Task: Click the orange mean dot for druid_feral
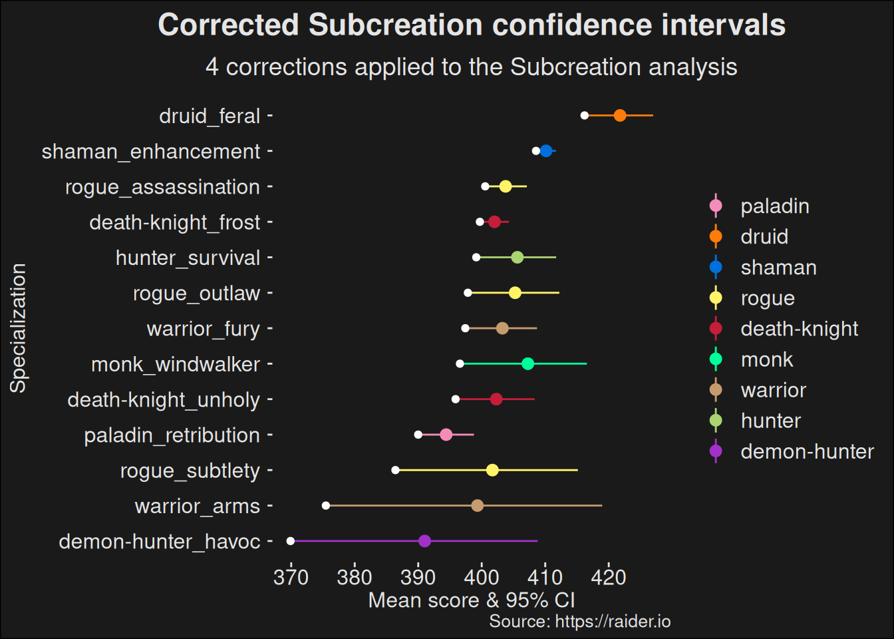(x=620, y=116)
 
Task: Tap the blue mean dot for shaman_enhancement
(x=546, y=151)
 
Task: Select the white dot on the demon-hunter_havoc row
(x=291, y=541)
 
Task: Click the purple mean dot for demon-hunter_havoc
(x=424, y=541)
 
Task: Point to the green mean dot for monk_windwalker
(x=527, y=364)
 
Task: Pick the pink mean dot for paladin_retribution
(x=446, y=435)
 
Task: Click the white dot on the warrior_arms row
(x=326, y=506)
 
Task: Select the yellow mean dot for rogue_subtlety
(x=492, y=471)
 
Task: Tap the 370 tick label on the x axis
(x=291, y=577)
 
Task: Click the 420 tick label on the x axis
(x=609, y=577)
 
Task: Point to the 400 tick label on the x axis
(x=482, y=577)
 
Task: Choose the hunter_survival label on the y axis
(x=188, y=258)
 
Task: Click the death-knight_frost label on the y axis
(x=174, y=222)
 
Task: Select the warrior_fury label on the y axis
(x=203, y=329)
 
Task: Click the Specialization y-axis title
(x=19, y=328)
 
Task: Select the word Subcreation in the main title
(x=396, y=25)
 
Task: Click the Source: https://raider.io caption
(x=579, y=622)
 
